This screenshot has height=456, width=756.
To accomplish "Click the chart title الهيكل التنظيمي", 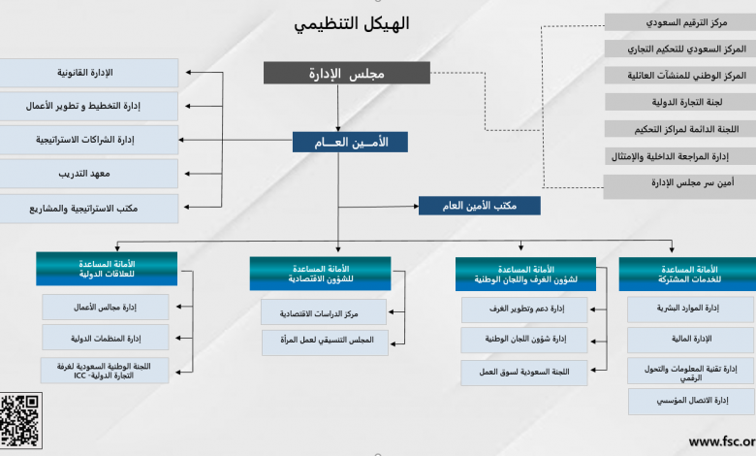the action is [352, 23].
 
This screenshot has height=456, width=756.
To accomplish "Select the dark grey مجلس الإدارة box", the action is [347, 73].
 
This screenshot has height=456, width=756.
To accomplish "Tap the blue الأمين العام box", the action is [350, 143].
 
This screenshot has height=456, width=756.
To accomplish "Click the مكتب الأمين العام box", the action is [479, 206].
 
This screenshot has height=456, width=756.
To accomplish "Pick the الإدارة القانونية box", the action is [88, 73].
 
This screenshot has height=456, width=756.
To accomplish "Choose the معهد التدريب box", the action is [88, 174].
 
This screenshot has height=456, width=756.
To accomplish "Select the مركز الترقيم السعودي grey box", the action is [680, 22].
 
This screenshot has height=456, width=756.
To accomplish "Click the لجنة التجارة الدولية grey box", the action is [680, 102].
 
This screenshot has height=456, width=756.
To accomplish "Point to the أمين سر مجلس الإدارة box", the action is [679, 186].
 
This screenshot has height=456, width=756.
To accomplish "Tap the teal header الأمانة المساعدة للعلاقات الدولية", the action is [107, 269].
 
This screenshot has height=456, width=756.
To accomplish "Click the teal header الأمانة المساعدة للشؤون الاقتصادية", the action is [320, 274].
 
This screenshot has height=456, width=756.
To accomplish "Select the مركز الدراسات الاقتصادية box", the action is [324, 312].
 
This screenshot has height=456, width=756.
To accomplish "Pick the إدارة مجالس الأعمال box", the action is [105, 307].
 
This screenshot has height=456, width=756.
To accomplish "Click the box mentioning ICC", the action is [105, 371].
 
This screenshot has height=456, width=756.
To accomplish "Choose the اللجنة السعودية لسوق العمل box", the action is [524, 373].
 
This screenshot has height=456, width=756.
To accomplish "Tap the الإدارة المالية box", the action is [691, 340].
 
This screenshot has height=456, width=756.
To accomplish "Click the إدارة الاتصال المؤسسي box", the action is [692, 402].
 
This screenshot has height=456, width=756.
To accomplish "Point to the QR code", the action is [20, 420].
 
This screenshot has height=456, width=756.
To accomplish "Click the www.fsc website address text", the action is [722, 441].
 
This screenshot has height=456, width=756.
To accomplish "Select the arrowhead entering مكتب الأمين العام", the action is [416, 206].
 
